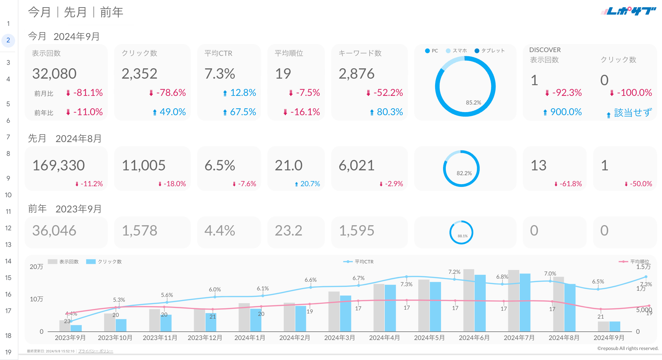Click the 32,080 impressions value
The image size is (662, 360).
[54, 74]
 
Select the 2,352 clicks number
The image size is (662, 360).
[139, 74]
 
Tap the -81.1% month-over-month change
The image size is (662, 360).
[88, 93]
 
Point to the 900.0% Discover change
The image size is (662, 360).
[566, 112]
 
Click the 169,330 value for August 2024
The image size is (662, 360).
[59, 166]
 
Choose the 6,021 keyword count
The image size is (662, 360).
[357, 166]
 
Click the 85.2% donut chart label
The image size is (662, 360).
[473, 103]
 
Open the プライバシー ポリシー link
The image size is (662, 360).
[96, 351]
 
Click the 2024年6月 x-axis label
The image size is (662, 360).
[474, 338]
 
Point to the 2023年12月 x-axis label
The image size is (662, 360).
[205, 338]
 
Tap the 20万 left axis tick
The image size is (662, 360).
[37, 267]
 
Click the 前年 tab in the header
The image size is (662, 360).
[111, 12]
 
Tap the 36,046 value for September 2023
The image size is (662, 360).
[54, 231]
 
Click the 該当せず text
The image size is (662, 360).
[633, 112]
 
